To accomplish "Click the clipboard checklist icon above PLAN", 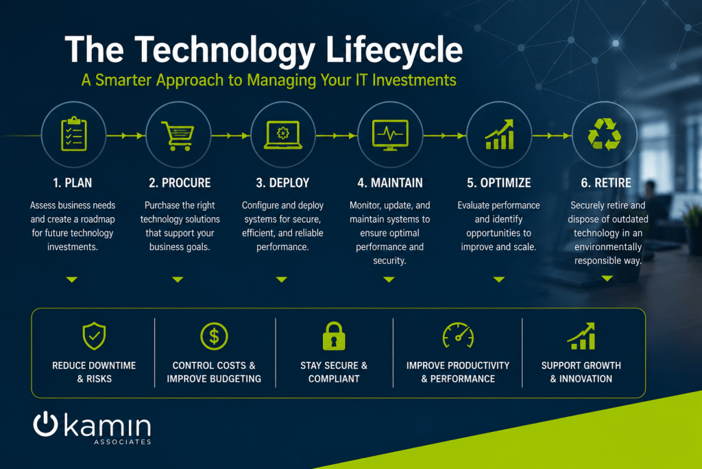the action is point(74,134).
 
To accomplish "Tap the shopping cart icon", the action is point(178,135).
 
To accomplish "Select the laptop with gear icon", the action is point(283,135).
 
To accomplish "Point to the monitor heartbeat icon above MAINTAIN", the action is point(390,135).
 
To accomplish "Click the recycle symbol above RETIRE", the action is point(605,134).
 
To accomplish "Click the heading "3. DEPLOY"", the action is point(282,183).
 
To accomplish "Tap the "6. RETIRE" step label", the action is point(606,183).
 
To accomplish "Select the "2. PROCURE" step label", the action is point(180,183).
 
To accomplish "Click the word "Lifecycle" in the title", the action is point(394,50).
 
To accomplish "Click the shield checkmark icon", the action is point(94,336).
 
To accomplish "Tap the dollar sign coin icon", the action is point(214,336).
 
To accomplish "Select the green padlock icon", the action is point(334,336).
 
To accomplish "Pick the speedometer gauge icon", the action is point(458,335).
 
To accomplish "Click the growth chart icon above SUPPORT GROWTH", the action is point(581,336).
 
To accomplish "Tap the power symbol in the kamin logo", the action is point(45,424).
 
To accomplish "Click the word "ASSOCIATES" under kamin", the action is point(123,442).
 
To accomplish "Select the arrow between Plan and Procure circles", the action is point(126,135).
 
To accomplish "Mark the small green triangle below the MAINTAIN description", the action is point(389,279).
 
